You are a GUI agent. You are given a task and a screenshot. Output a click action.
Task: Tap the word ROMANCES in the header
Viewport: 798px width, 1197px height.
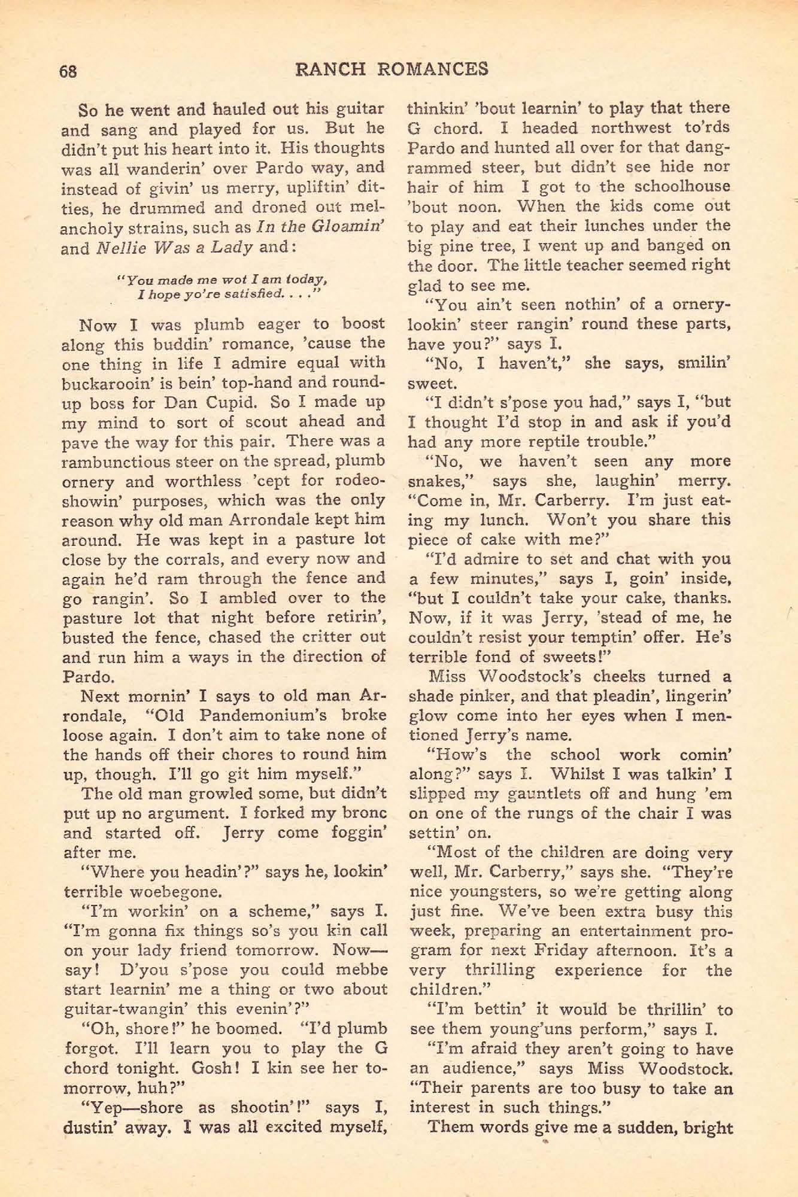[429, 69]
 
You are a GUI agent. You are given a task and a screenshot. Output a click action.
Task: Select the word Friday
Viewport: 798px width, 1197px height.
[558, 951]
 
